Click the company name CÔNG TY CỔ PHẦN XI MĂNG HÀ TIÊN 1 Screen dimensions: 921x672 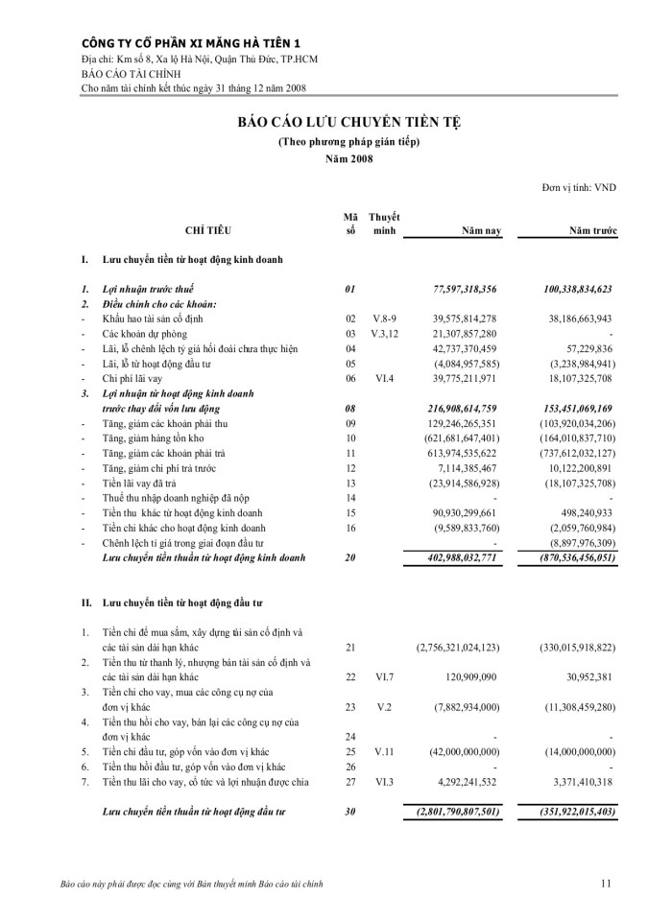[x=191, y=43]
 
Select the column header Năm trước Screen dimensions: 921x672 [x=592, y=231]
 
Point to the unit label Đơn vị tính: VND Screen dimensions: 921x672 [x=579, y=188]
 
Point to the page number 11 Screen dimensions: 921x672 [x=606, y=883]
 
